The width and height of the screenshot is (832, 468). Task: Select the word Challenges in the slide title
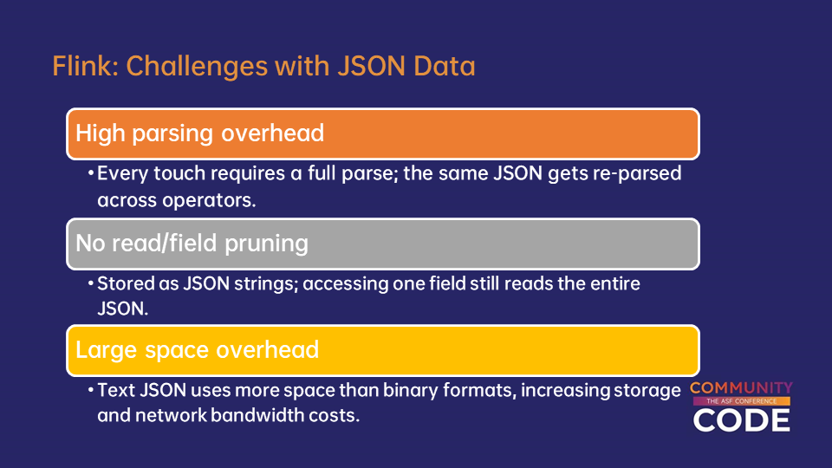tap(197, 67)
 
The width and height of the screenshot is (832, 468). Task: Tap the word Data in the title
tap(444, 66)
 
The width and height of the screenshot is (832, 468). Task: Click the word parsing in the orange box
tap(172, 133)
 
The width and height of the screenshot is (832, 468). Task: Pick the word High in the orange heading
tap(101, 133)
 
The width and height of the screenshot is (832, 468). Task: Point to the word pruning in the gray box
tap(266, 244)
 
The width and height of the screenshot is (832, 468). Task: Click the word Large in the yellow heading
tap(107, 350)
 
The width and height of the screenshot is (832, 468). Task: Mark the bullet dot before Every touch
tap(91, 173)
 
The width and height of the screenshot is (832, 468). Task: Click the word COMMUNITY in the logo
tap(741, 388)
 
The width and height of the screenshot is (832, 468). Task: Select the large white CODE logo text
tap(741, 420)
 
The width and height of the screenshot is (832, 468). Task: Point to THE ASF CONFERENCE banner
tap(741, 401)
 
